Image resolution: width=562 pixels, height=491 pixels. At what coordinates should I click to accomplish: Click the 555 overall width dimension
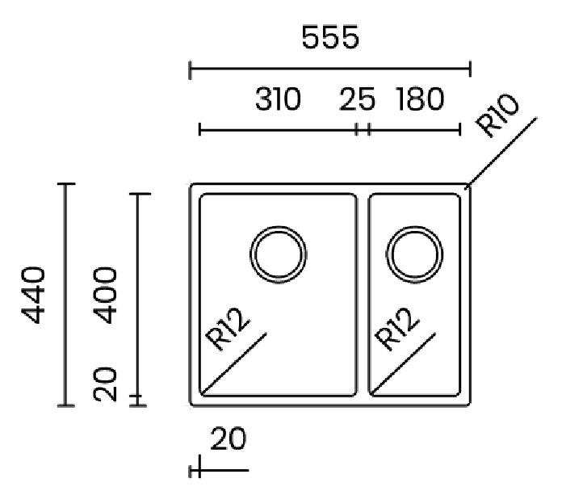[330, 37]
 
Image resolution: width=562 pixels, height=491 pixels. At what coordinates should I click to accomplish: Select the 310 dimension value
[278, 99]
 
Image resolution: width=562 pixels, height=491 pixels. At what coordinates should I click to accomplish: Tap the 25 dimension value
[357, 99]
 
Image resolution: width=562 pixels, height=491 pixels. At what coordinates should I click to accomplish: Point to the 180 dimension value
[420, 99]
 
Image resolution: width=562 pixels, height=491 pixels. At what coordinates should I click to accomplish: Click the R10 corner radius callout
[497, 115]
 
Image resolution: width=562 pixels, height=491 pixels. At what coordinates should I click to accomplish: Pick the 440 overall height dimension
[33, 295]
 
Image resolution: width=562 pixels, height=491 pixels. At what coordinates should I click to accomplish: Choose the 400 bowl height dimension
[105, 295]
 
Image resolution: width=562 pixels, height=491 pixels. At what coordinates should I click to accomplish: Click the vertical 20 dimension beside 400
[105, 384]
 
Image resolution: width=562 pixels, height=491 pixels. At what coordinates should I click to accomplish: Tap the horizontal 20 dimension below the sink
[229, 439]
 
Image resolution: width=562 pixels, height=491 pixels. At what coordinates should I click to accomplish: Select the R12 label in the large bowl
[227, 329]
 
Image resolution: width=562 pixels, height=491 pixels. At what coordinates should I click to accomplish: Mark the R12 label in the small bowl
[396, 329]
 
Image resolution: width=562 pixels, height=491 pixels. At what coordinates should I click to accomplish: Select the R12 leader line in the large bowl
[234, 363]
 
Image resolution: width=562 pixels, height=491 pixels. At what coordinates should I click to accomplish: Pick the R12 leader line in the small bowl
[403, 363]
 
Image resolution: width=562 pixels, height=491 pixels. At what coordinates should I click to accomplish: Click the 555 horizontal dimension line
[330, 68]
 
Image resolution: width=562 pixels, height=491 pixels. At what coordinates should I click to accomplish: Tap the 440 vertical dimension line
[65, 295]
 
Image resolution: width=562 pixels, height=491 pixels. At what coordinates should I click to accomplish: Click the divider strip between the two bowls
[363, 295]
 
